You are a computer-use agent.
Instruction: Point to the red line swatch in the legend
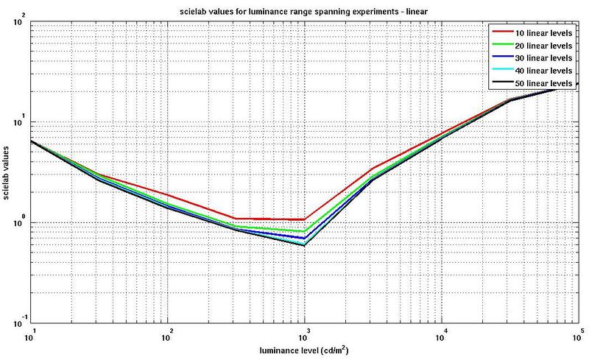point(504,33)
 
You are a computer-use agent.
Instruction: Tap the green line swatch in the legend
point(504,46)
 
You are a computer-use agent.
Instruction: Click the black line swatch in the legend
point(504,84)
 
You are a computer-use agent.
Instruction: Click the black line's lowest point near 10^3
point(305,245)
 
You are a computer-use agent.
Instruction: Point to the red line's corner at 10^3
point(305,219)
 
